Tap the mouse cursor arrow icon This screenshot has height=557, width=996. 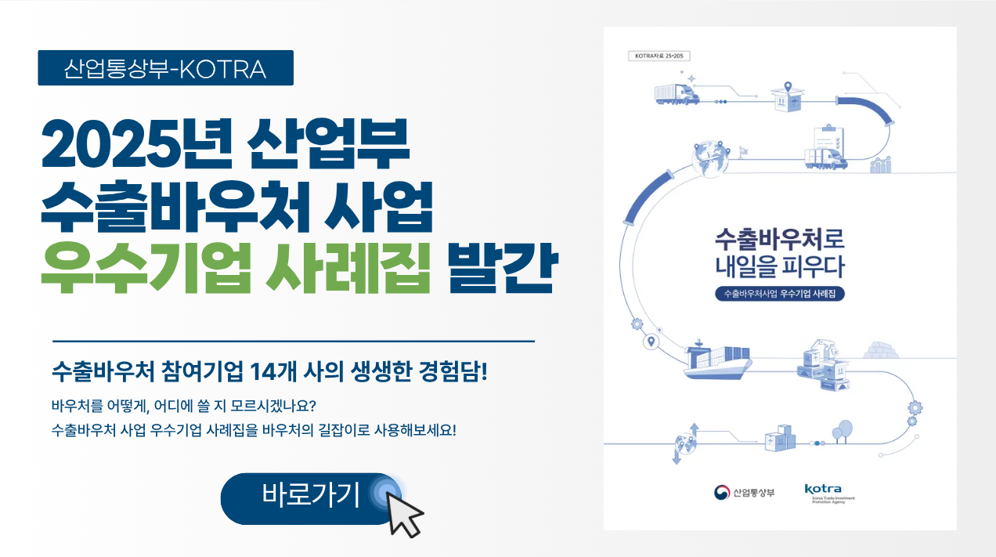pos(405,513)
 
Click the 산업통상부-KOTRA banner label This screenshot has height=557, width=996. pos(165,69)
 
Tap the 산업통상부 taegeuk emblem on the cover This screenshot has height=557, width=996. pos(721,493)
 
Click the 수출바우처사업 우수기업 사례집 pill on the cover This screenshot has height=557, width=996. pos(779,295)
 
